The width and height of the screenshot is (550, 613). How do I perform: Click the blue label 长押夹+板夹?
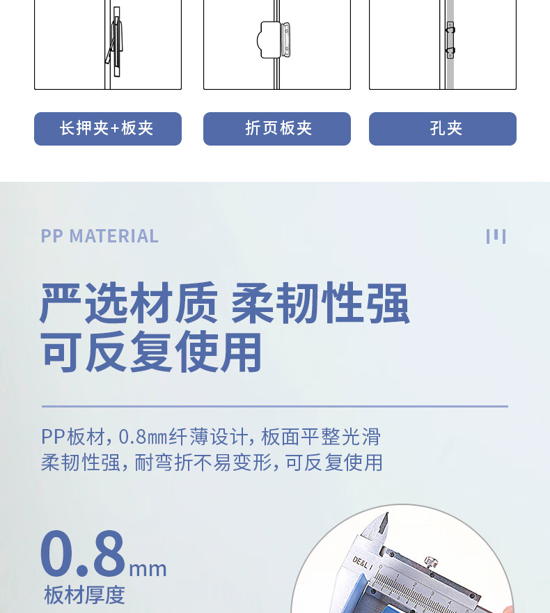click(x=108, y=129)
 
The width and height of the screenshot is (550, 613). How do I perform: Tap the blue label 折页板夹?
click(x=277, y=129)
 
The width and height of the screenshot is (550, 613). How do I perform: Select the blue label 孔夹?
click(x=443, y=129)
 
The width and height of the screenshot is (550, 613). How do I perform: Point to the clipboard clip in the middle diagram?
click(x=274, y=40)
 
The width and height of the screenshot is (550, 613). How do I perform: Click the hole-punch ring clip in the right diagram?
click(x=450, y=40)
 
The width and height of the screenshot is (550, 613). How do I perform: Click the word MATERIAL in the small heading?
click(x=113, y=236)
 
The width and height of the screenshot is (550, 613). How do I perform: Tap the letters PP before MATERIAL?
click(x=52, y=236)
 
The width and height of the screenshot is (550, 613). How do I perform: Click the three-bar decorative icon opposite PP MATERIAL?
click(x=496, y=236)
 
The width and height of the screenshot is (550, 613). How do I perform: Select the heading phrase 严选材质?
click(x=129, y=303)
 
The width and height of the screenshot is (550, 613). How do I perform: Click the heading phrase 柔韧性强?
click(x=320, y=303)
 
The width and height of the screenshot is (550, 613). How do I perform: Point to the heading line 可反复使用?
click(x=151, y=352)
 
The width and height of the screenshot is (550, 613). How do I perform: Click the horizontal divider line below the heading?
click(x=275, y=407)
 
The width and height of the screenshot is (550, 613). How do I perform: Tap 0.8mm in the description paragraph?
click(x=143, y=437)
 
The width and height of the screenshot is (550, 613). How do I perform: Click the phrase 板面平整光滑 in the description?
click(x=321, y=437)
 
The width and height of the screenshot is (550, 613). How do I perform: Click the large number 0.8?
click(x=83, y=554)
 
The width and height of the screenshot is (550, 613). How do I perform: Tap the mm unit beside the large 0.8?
click(x=148, y=569)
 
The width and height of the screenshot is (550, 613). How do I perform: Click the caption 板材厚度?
click(x=84, y=595)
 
